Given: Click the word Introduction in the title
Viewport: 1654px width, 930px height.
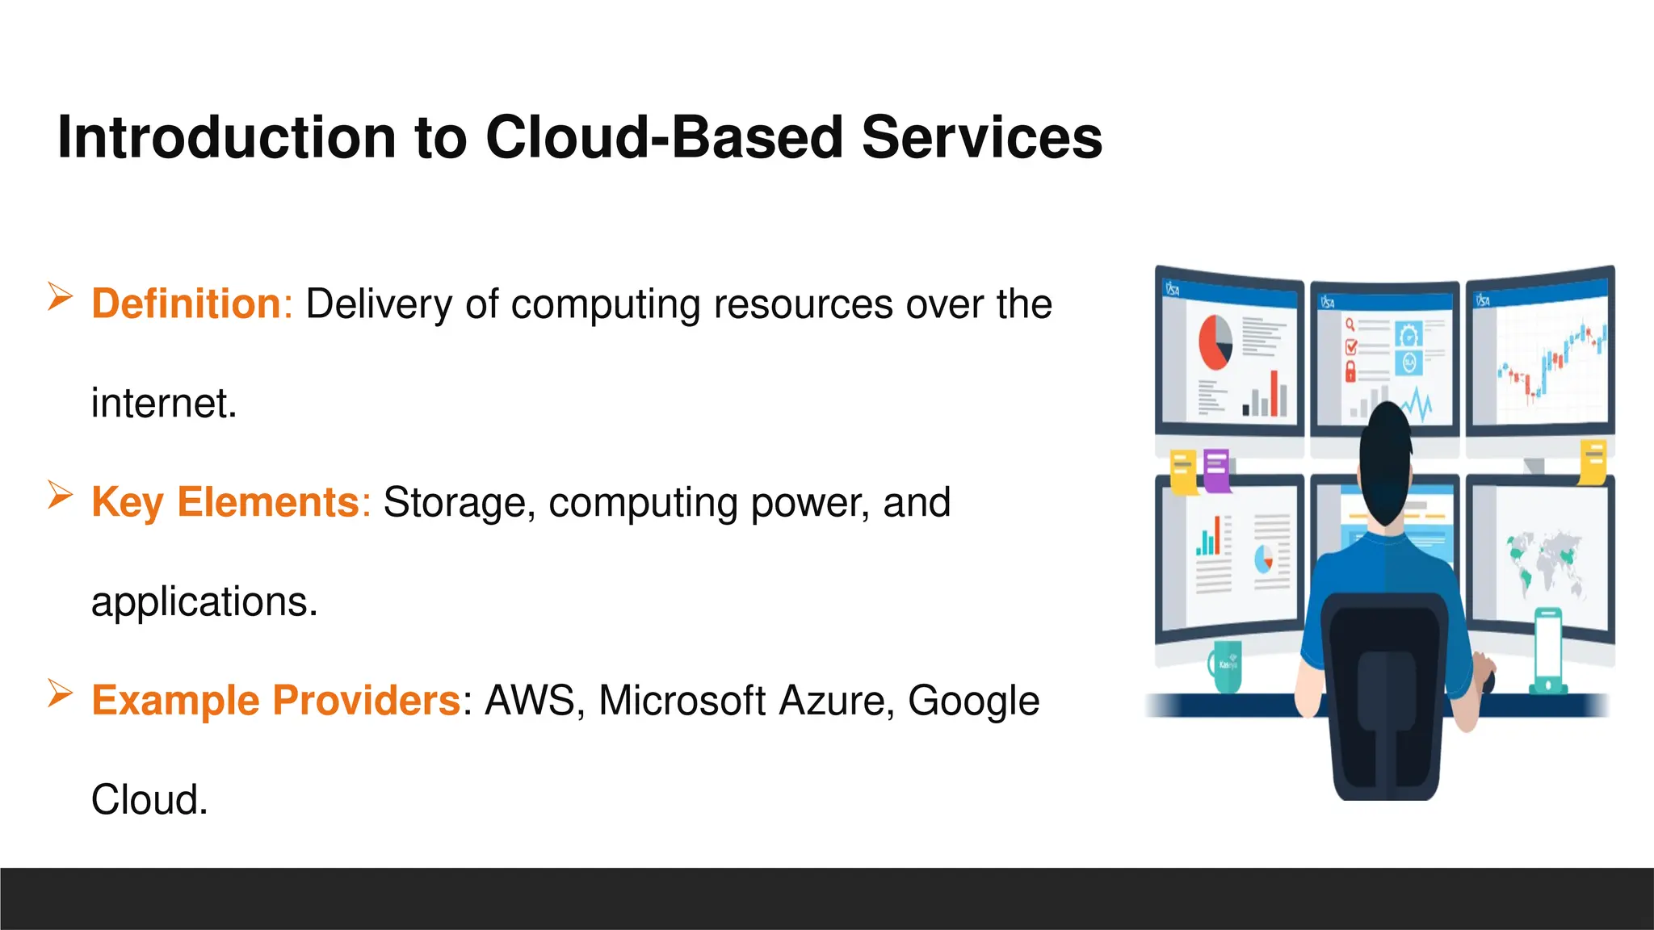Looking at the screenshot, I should click(227, 137).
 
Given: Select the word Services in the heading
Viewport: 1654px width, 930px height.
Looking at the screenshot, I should click(981, 137).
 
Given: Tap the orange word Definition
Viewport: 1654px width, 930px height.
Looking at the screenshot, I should click(186, 304).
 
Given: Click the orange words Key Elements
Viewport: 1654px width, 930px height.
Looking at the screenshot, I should click(225, 502).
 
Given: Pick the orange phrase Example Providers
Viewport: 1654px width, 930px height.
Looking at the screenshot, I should click(275, 700).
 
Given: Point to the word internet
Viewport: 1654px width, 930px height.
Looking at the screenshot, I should click(163, 404).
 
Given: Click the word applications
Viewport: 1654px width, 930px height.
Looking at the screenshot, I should click(204, 602).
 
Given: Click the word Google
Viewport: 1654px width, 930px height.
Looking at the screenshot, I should click(973, 700).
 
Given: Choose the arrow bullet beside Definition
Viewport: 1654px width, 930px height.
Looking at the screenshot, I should click(60, 296).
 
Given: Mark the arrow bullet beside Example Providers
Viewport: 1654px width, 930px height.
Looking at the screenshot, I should click(60, 693).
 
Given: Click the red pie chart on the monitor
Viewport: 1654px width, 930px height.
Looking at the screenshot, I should click(1215, 341).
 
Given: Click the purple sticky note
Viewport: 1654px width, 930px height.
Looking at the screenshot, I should click(1216, 470).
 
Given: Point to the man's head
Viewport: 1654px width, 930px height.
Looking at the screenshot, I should click(1386, 460).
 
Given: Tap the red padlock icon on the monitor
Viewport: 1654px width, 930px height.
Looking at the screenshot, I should click(1350, 372).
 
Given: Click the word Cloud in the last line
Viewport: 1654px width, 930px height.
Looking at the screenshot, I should click(149, 800).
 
